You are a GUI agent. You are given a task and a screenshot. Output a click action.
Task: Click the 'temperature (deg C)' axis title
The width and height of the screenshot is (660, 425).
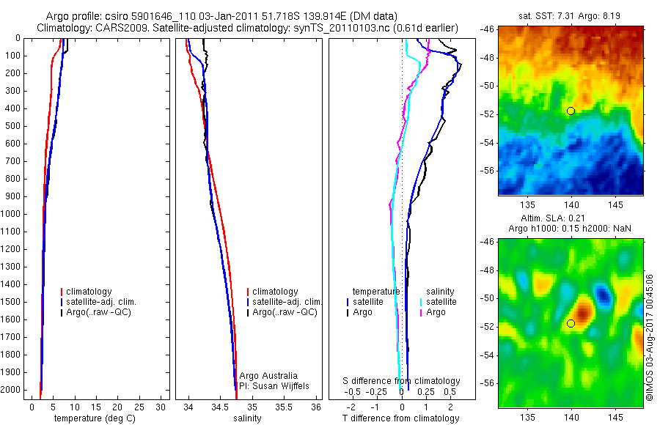point(95,418)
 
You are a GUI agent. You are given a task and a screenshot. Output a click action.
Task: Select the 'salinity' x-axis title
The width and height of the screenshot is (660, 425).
point(247,418)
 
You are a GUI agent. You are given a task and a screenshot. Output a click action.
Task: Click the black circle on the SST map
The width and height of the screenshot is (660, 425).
point(571,111)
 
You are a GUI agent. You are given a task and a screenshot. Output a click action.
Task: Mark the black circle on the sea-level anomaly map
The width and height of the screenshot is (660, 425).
point(571,323)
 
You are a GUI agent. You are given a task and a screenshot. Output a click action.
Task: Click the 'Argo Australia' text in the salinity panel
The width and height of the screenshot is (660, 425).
point(269,376)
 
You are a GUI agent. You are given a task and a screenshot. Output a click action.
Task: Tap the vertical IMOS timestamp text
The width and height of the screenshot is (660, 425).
point(650,336)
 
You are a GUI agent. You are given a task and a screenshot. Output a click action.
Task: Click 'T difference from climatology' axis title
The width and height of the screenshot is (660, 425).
point(401,418)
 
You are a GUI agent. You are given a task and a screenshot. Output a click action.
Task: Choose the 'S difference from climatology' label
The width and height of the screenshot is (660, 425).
point(402,381)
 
